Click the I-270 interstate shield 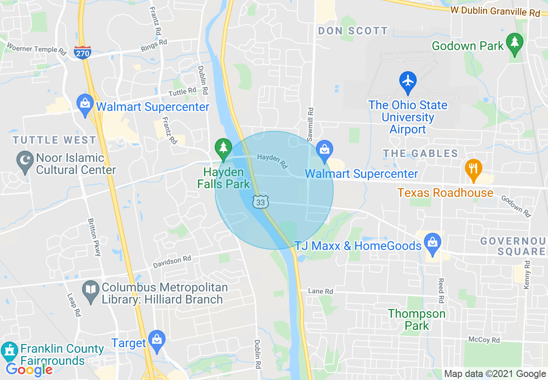coord(82,52)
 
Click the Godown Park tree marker coord(514,43)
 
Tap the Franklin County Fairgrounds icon coord(9,351)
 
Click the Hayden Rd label coord(272,161)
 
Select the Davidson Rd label coord(172,262)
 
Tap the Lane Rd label coord(320,291)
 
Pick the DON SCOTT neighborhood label coord(353,31)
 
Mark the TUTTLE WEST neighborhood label coord(54,140)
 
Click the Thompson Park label coord(417,320)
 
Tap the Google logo coord(29,370)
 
